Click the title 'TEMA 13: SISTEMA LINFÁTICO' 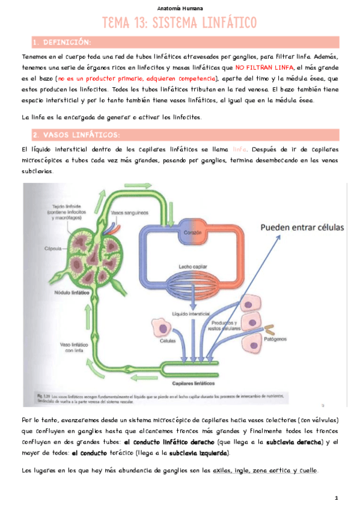[180, 23]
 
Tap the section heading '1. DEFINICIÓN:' [63, 42]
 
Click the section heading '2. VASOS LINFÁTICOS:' [76, 134]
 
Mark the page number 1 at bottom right [337, 498]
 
